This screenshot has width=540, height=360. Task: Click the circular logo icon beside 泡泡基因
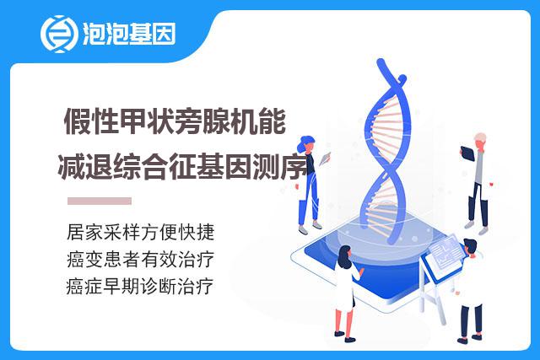(x=58, y=34)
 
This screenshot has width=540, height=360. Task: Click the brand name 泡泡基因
(x=129, y=34)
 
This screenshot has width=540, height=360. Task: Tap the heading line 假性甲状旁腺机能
(x=175, y=121)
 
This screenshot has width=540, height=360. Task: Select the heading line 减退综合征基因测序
(x=182, y=167)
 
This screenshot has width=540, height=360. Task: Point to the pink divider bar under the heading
(x=100, y=201)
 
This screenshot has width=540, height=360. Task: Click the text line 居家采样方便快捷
(x=141, y=232)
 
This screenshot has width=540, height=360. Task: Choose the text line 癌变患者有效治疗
(x=141, y=259)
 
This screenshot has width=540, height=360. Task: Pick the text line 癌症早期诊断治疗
(x=140, y=287)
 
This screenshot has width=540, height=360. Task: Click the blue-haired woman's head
(x=306, y=143)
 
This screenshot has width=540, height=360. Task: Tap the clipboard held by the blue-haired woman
(x=325, y=159)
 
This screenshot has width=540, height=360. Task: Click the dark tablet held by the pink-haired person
(x=467, y=153)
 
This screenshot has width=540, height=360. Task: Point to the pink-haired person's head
(x=480, y=140)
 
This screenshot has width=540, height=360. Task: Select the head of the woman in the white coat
(x=344, y=255)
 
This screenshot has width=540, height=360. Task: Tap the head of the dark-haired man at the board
(x=470, y=247)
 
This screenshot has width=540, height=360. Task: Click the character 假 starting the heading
(x=78, y=121)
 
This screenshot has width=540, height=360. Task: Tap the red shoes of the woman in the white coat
(x=345, y=336)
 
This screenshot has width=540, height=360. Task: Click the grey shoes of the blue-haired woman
(x=310, y=228)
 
